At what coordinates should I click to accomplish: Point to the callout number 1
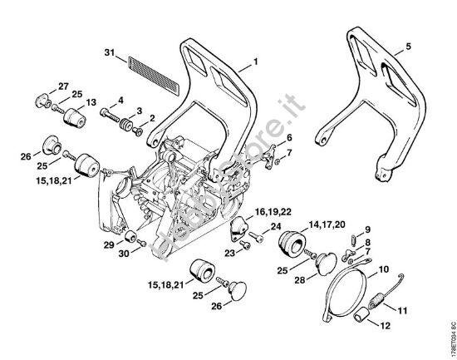[256, 62]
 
